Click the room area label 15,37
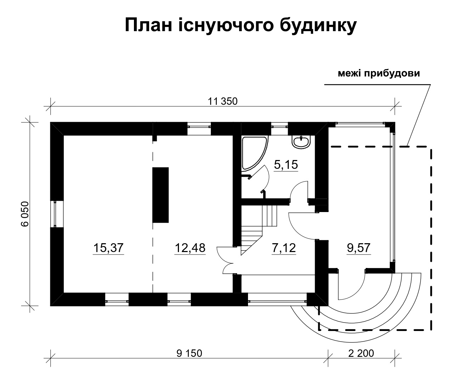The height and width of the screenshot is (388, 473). (x=108, y=248)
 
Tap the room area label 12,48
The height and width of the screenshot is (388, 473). (x=190, y=248)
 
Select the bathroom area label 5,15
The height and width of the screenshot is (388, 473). (x=286, y=165)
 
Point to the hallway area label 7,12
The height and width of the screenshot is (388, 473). (x=284, y=248)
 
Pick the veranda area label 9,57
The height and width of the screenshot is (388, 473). (x=359, y=248)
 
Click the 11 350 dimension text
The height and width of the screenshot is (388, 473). (x=223, y=101)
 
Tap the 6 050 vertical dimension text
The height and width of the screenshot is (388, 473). (x=25, y=214)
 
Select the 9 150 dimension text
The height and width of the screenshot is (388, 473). (x=189, y=353)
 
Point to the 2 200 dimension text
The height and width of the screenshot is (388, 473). (x=361, y=353)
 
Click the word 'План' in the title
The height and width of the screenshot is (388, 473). (x=148, y=25)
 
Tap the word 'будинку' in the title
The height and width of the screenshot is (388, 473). (x=318, y=26)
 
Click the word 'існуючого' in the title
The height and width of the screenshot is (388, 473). (x=226, y=26)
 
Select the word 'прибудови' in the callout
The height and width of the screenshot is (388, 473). (x=392, y=74)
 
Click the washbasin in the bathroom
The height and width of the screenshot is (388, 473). (x=302, y=142)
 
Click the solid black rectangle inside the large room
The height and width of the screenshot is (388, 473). (x=161, y=195)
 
